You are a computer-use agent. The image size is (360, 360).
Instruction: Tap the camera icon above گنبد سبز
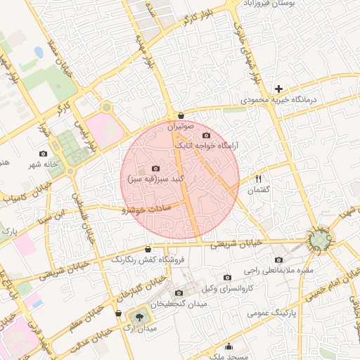(x=155, y=169)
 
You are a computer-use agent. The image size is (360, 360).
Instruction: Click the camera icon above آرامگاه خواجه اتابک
(x=206, y=135)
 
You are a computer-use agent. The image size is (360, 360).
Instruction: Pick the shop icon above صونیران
(x=181, y=115)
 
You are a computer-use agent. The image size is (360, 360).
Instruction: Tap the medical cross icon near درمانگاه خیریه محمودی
(x=279, y=89)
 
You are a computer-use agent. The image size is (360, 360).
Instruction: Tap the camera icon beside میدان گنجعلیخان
(x=178, y=292)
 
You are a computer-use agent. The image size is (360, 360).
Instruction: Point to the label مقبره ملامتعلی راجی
(x=281, y=270)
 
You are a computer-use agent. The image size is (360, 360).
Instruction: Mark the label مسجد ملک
(x=229, y=356)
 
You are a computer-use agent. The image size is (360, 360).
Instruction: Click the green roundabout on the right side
(x=321, y=240)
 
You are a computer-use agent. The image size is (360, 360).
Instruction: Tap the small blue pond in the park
(x=37, y=53)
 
